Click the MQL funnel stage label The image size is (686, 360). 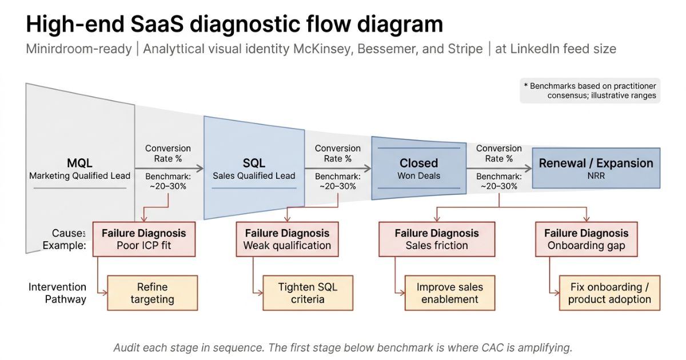click(79, 163)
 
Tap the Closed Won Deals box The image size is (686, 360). click(418, 168)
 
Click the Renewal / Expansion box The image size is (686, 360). click(596, 167)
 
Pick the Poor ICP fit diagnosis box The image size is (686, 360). click(143, 239)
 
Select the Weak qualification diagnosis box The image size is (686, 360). click(287, 239)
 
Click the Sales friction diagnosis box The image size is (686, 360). click(437, 239)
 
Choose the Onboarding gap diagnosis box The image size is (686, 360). click(586, 239)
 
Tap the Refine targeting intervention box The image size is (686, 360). click(152, 293)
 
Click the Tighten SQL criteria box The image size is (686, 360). click(308, 293)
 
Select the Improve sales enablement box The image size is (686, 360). click(449, 293)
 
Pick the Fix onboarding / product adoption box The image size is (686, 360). click(609, 293)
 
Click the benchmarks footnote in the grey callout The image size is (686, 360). click(590, 90)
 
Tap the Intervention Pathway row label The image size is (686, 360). click(57, 293)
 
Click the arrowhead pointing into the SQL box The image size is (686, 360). click(200, 169)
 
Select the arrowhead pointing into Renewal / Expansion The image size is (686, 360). click(528, 169)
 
